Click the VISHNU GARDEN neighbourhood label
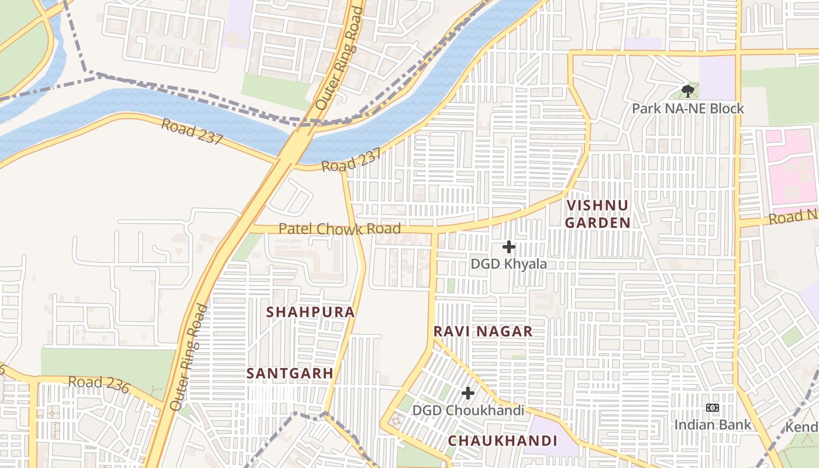coord(598,214)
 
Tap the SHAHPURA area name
coord(311,312)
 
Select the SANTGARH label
coord(290,373)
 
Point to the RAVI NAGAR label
coord(483,332)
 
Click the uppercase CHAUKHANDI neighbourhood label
coord(503,441)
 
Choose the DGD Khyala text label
coord(509,264)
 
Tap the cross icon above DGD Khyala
coord(509,247)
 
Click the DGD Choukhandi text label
coord(468,411)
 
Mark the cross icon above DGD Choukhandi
coord(468,393)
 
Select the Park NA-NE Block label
coord(688,109)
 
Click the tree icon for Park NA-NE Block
coord(688,91)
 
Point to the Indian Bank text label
coord(713,425)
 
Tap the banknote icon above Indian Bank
coord(713,408)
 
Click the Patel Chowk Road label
coord(339,229)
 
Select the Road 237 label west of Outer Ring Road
coord(192,132)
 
